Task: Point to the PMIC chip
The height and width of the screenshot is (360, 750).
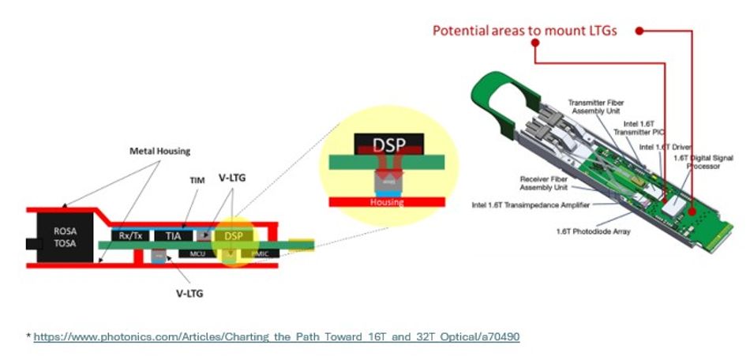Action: tap(261, 253)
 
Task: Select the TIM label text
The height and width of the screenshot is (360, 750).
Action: tap(197, 181)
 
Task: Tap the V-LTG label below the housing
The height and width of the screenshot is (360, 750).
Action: tap(188, 291)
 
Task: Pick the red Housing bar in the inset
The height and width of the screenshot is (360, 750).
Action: tap(387, 202)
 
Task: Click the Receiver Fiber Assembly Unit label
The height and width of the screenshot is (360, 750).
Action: tap(544, 183)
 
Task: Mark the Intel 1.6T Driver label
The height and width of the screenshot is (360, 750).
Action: tap(662, 148)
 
